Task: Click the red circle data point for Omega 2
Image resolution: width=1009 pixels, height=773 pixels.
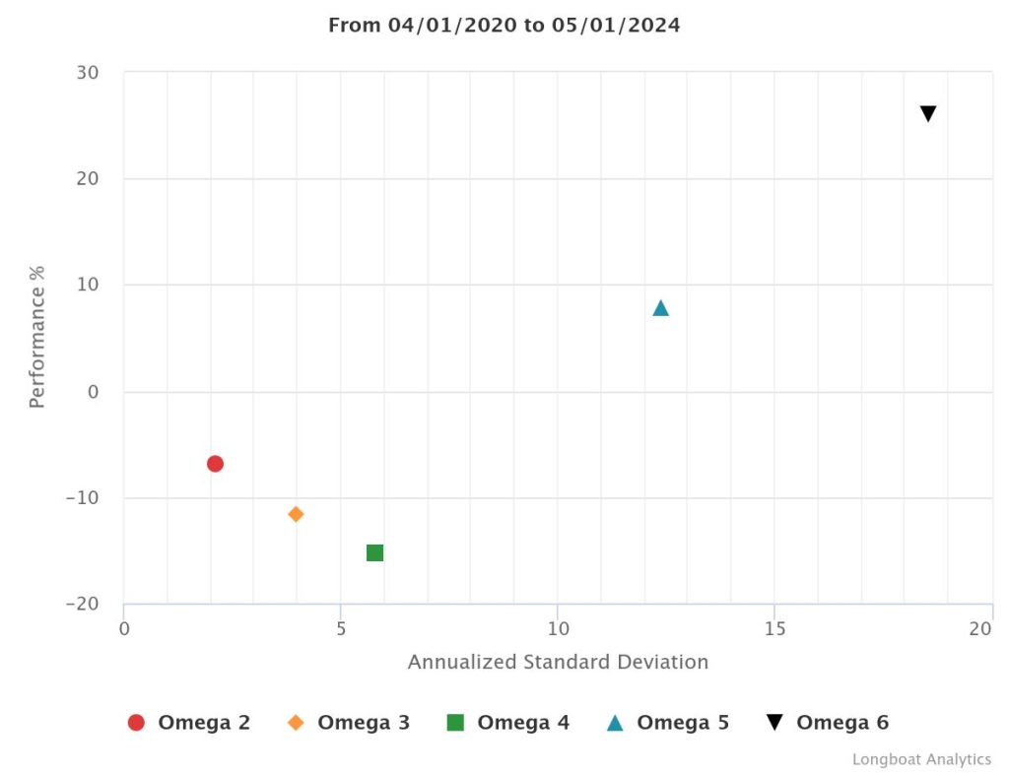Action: click(x=215, y=464)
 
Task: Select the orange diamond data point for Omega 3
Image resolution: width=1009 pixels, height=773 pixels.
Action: click(x=296, y=514)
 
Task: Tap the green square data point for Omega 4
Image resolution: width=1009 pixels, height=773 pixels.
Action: click(x=374, y=552)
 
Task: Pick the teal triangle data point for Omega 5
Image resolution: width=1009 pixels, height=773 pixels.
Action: click(x=660, y=308)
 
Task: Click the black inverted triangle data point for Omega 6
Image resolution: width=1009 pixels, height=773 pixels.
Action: click(x=928, y=114)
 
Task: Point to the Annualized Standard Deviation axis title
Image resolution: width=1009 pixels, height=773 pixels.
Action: click(x=558, y=662)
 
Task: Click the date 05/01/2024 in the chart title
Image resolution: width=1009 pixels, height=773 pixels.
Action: click(x=616, y=26)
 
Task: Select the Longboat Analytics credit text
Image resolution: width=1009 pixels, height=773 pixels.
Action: click(x=921, y=759)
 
